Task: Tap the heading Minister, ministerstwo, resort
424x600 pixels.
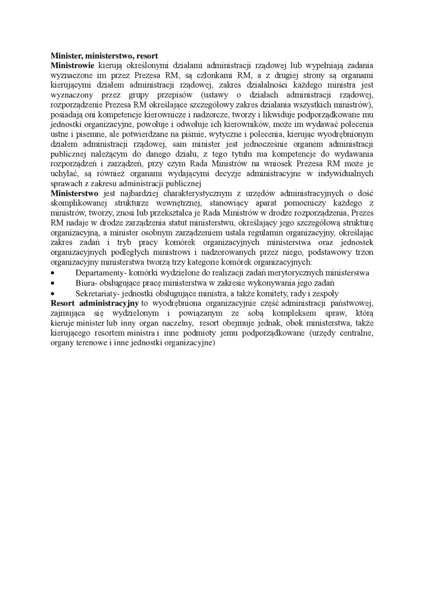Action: [x=104, y=56]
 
